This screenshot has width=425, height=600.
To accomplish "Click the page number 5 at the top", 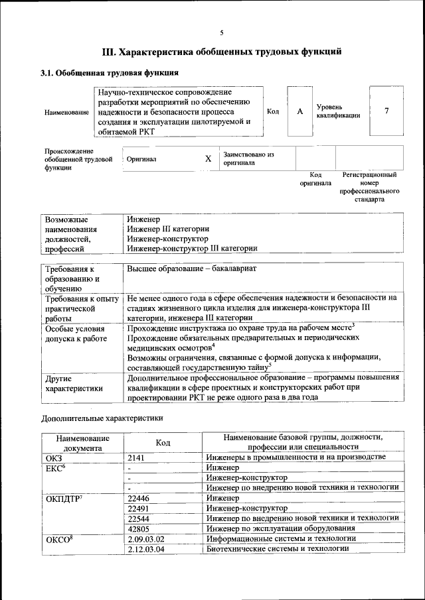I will point(222,32).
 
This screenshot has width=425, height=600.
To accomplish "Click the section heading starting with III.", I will point(222,51).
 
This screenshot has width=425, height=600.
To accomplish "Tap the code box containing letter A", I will point(299,111).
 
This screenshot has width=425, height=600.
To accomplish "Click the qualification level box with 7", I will point(386,111).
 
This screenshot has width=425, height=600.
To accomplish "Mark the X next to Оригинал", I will point(208,159).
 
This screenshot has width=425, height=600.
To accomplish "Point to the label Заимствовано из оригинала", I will point(248,158).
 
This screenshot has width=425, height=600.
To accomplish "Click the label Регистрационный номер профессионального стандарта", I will point(369,187).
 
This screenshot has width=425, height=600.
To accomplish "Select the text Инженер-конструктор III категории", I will point(192,249).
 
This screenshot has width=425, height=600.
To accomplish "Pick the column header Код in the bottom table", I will point(163,442).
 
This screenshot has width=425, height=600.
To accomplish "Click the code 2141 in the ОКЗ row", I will point(136,457).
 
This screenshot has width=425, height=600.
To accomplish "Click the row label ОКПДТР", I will point(64,497).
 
